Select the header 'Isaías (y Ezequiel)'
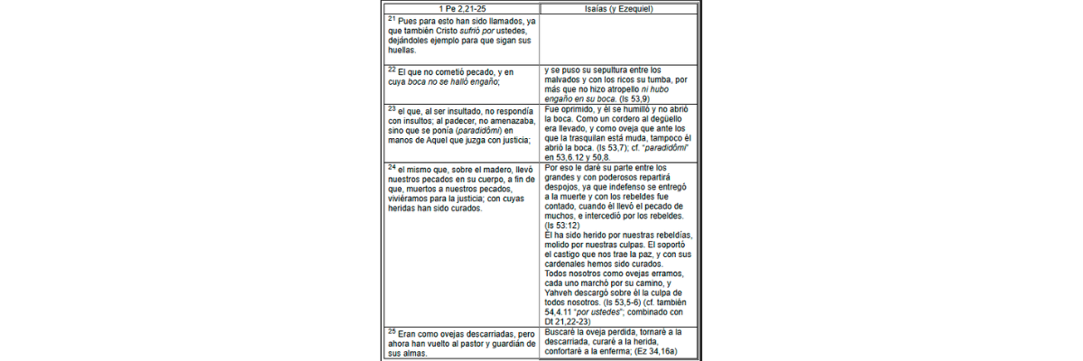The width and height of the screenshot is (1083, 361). click(x=619, y=8)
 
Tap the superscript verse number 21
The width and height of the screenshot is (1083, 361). click(x=390, y=18)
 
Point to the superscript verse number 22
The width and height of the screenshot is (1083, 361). click(x=390, y=68)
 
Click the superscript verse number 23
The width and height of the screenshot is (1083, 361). click(x=390, y=107)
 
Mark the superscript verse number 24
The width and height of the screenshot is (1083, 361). click(x=390, y=166)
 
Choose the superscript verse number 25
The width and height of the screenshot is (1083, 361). click(x=390, y=332)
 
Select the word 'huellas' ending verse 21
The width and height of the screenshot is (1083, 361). click(x=401, y=51)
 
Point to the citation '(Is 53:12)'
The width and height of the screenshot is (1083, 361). click(x=564, y=226)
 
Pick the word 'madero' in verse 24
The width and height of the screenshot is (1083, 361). click(x=494, y=169)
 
